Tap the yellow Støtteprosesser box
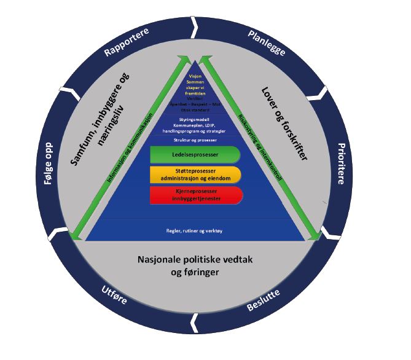194,174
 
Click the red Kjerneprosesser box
194,195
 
